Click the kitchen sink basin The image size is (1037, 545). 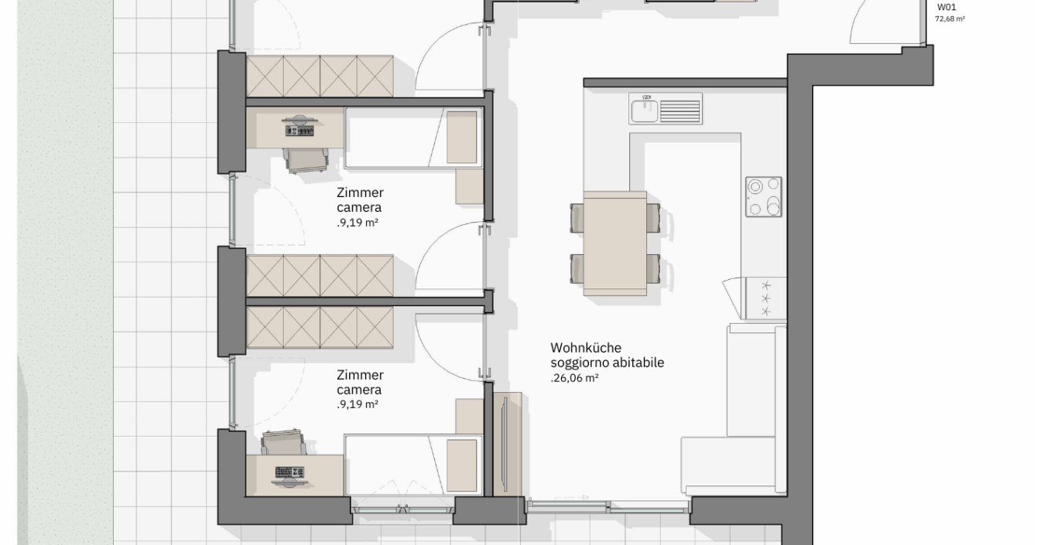point(644,111)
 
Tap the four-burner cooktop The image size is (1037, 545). point(763,197)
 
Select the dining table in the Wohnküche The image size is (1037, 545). point(614,244)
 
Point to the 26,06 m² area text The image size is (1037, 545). point(574,378)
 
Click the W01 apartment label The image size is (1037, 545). point(946,7)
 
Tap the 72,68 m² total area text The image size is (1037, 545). point(950,19)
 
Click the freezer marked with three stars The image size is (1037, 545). point(765,298)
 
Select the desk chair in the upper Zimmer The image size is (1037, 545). point(306,160)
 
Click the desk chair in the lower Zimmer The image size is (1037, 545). point(283,442)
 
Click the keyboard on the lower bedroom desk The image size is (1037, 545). point(289,472)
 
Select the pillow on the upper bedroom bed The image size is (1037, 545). point(461,137)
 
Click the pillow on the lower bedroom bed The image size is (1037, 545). point(461,465)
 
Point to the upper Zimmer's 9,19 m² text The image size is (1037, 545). point(358,223)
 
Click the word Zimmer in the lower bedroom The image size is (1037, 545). point(360,375)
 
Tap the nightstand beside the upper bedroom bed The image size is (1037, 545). point(470,187)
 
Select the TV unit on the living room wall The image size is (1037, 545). point(508,445)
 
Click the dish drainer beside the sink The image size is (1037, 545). point(679,111)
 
